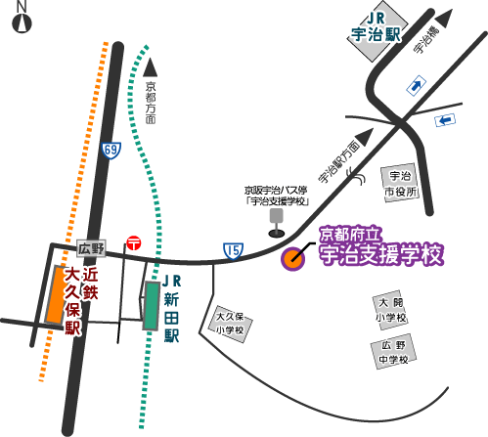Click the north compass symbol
tap(22, 23)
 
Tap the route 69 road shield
tap(111, 151)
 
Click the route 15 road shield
tap(234, 251)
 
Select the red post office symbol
tap(134, 243)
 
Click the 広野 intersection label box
tap(91, 249)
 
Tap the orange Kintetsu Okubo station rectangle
tap(56, 294)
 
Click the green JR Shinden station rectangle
tap(152, 306)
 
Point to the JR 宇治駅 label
tap(376, 27)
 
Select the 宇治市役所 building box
tap(400, 183)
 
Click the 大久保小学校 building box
tap(230, 324)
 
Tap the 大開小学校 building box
tap(390, 310)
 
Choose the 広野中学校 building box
tap(393, 351)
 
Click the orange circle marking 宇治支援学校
tap(293, 259)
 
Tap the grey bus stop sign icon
tap(277, 223)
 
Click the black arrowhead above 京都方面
tap(151, 67)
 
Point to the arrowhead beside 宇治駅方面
tap(366, 137)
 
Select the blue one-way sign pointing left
tap(445, 120)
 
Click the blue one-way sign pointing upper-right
tap(417, 86)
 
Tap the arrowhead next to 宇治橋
tap(444, 19)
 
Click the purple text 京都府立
tap(350, 234)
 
